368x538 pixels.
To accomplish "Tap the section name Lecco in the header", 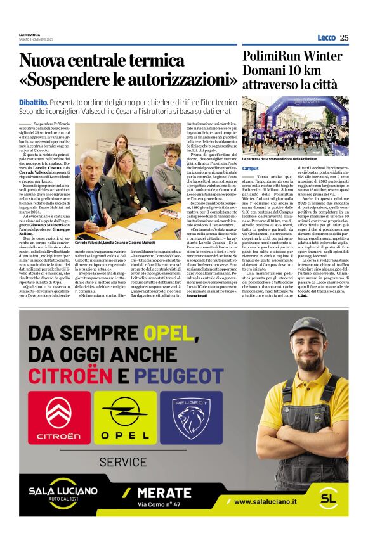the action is tap(326, 38).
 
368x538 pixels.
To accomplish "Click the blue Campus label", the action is tap(251, 169).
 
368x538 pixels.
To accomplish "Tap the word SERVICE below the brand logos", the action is tap(123, 462).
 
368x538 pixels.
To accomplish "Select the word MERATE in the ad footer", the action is tap(173, 492).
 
